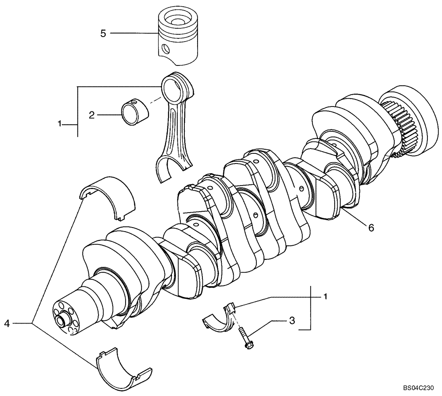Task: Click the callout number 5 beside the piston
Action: click(x=103, y=34)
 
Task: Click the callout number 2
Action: click(x=91, y=115)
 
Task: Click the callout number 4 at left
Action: click(x=7, y=324)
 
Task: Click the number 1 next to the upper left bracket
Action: click(x=60, y=125)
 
